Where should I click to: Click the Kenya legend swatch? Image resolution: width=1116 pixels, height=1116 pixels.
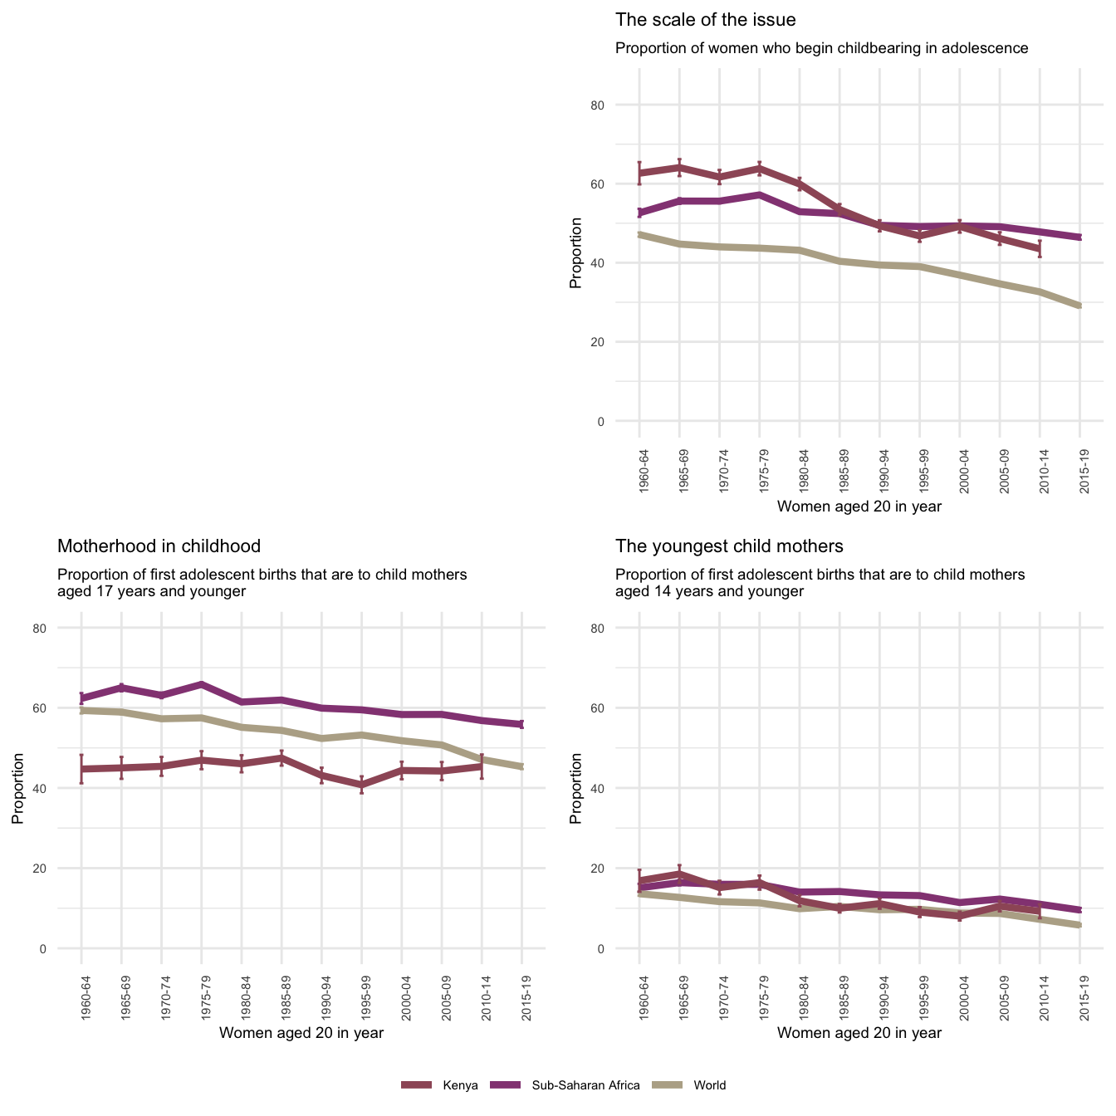tap(417, 1084)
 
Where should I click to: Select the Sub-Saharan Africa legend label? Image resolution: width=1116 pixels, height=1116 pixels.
tap(585, 1085)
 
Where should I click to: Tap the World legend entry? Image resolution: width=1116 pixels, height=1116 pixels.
tap(709, 1085)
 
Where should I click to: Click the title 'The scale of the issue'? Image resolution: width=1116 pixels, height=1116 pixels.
tap(705, 20)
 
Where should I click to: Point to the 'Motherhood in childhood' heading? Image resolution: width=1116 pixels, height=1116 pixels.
tap(159, 546)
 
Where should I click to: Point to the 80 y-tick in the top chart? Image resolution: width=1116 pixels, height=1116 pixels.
tap(620, 105)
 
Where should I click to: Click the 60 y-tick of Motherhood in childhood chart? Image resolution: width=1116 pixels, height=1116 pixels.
tap(62, 708)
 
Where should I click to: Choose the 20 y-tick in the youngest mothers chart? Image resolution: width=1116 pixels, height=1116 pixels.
tap(620, 869)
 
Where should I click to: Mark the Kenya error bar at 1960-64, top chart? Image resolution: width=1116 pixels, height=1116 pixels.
tap(639, 173)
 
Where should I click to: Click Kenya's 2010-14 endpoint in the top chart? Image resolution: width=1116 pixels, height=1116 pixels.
tap(1040, 248)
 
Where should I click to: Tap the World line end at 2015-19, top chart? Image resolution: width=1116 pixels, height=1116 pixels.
tap(1079, 306)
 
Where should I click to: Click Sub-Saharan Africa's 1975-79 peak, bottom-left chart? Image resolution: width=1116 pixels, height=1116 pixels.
tap(202, 684)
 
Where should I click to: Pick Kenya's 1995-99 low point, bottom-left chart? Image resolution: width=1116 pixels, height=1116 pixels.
tap(362, 784)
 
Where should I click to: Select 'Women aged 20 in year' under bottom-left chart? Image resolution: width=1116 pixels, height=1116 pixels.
tap(301, 1033)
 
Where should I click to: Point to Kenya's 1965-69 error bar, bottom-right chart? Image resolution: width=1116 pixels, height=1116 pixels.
tap(679, 874)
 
